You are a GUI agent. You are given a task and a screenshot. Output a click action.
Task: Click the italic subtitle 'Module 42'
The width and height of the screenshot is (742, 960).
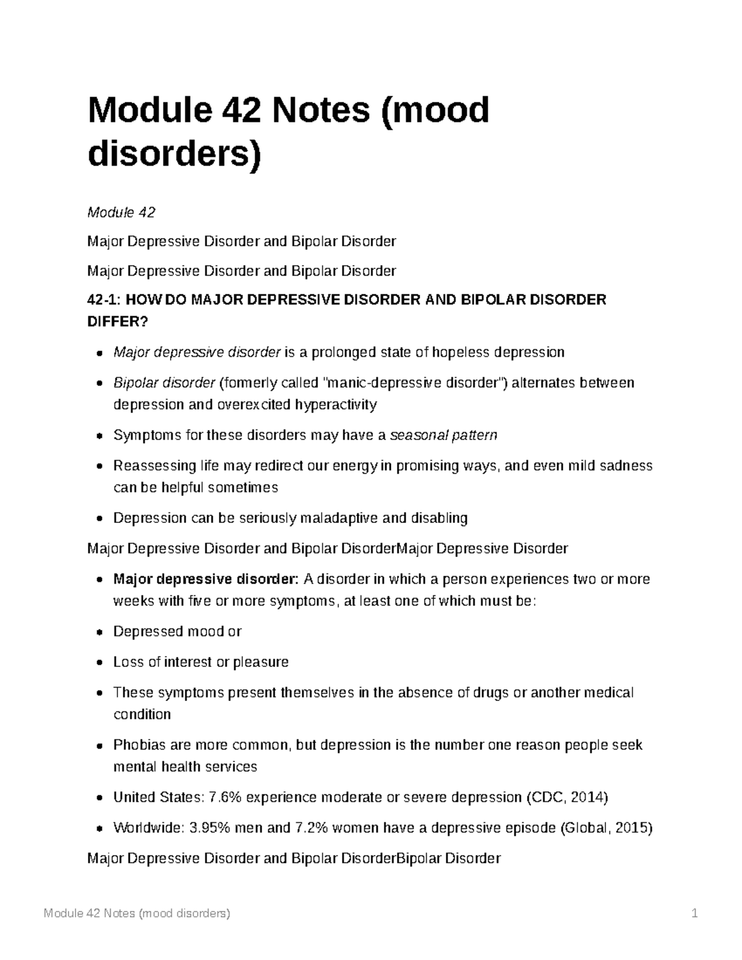121,213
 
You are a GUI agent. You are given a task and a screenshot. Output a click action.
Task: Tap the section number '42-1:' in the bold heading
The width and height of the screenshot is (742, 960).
106,300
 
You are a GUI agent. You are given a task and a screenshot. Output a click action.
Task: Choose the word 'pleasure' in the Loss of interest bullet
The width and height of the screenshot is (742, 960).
261,662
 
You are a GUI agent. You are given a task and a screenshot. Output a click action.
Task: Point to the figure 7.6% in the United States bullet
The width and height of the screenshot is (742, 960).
226,797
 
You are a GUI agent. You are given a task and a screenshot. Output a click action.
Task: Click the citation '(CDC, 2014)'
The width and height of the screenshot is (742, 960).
566,797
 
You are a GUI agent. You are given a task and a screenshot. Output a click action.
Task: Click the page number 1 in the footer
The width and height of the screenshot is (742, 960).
695,914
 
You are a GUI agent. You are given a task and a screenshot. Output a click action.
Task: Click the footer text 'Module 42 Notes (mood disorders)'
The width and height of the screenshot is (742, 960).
137,914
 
